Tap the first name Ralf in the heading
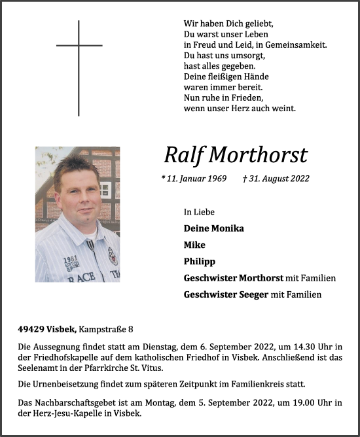183,155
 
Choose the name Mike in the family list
194,245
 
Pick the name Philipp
200,261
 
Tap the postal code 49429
32,328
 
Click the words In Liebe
199,212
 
